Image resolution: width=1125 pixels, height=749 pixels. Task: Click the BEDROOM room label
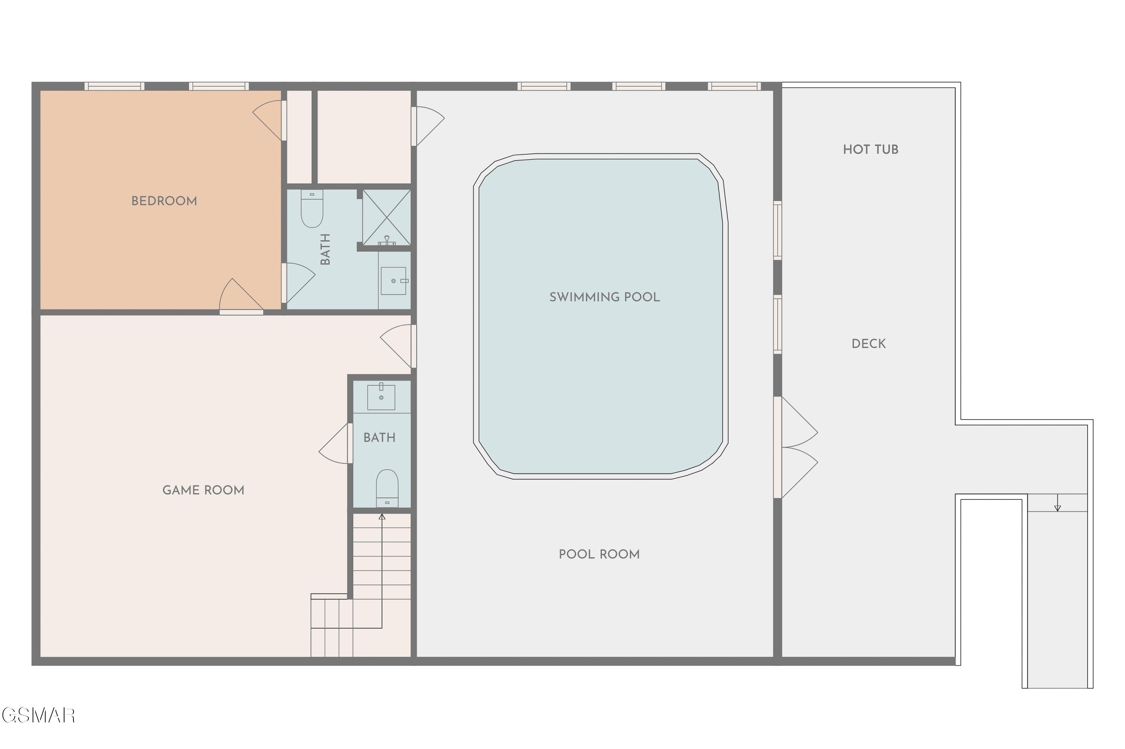point(164,201)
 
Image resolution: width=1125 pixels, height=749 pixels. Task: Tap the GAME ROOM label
point(204,490)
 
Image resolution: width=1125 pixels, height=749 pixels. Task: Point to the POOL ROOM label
point(599,554)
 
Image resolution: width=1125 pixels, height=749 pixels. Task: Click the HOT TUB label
point(870,150)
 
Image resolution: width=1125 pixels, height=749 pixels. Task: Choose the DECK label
point(868,343)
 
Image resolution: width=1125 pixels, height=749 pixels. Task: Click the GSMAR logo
point(38,716)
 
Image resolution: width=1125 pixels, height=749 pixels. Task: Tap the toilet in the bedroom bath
point(312,208)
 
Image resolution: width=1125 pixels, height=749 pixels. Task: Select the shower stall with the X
point(387,217)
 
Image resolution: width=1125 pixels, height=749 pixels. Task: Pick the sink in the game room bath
point(381,397)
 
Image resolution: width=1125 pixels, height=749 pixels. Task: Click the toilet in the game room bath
point(387,488)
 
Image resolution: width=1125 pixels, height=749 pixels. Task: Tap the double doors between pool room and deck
point(795,448)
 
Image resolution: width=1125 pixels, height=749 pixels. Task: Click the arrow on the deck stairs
point(1057,502)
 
